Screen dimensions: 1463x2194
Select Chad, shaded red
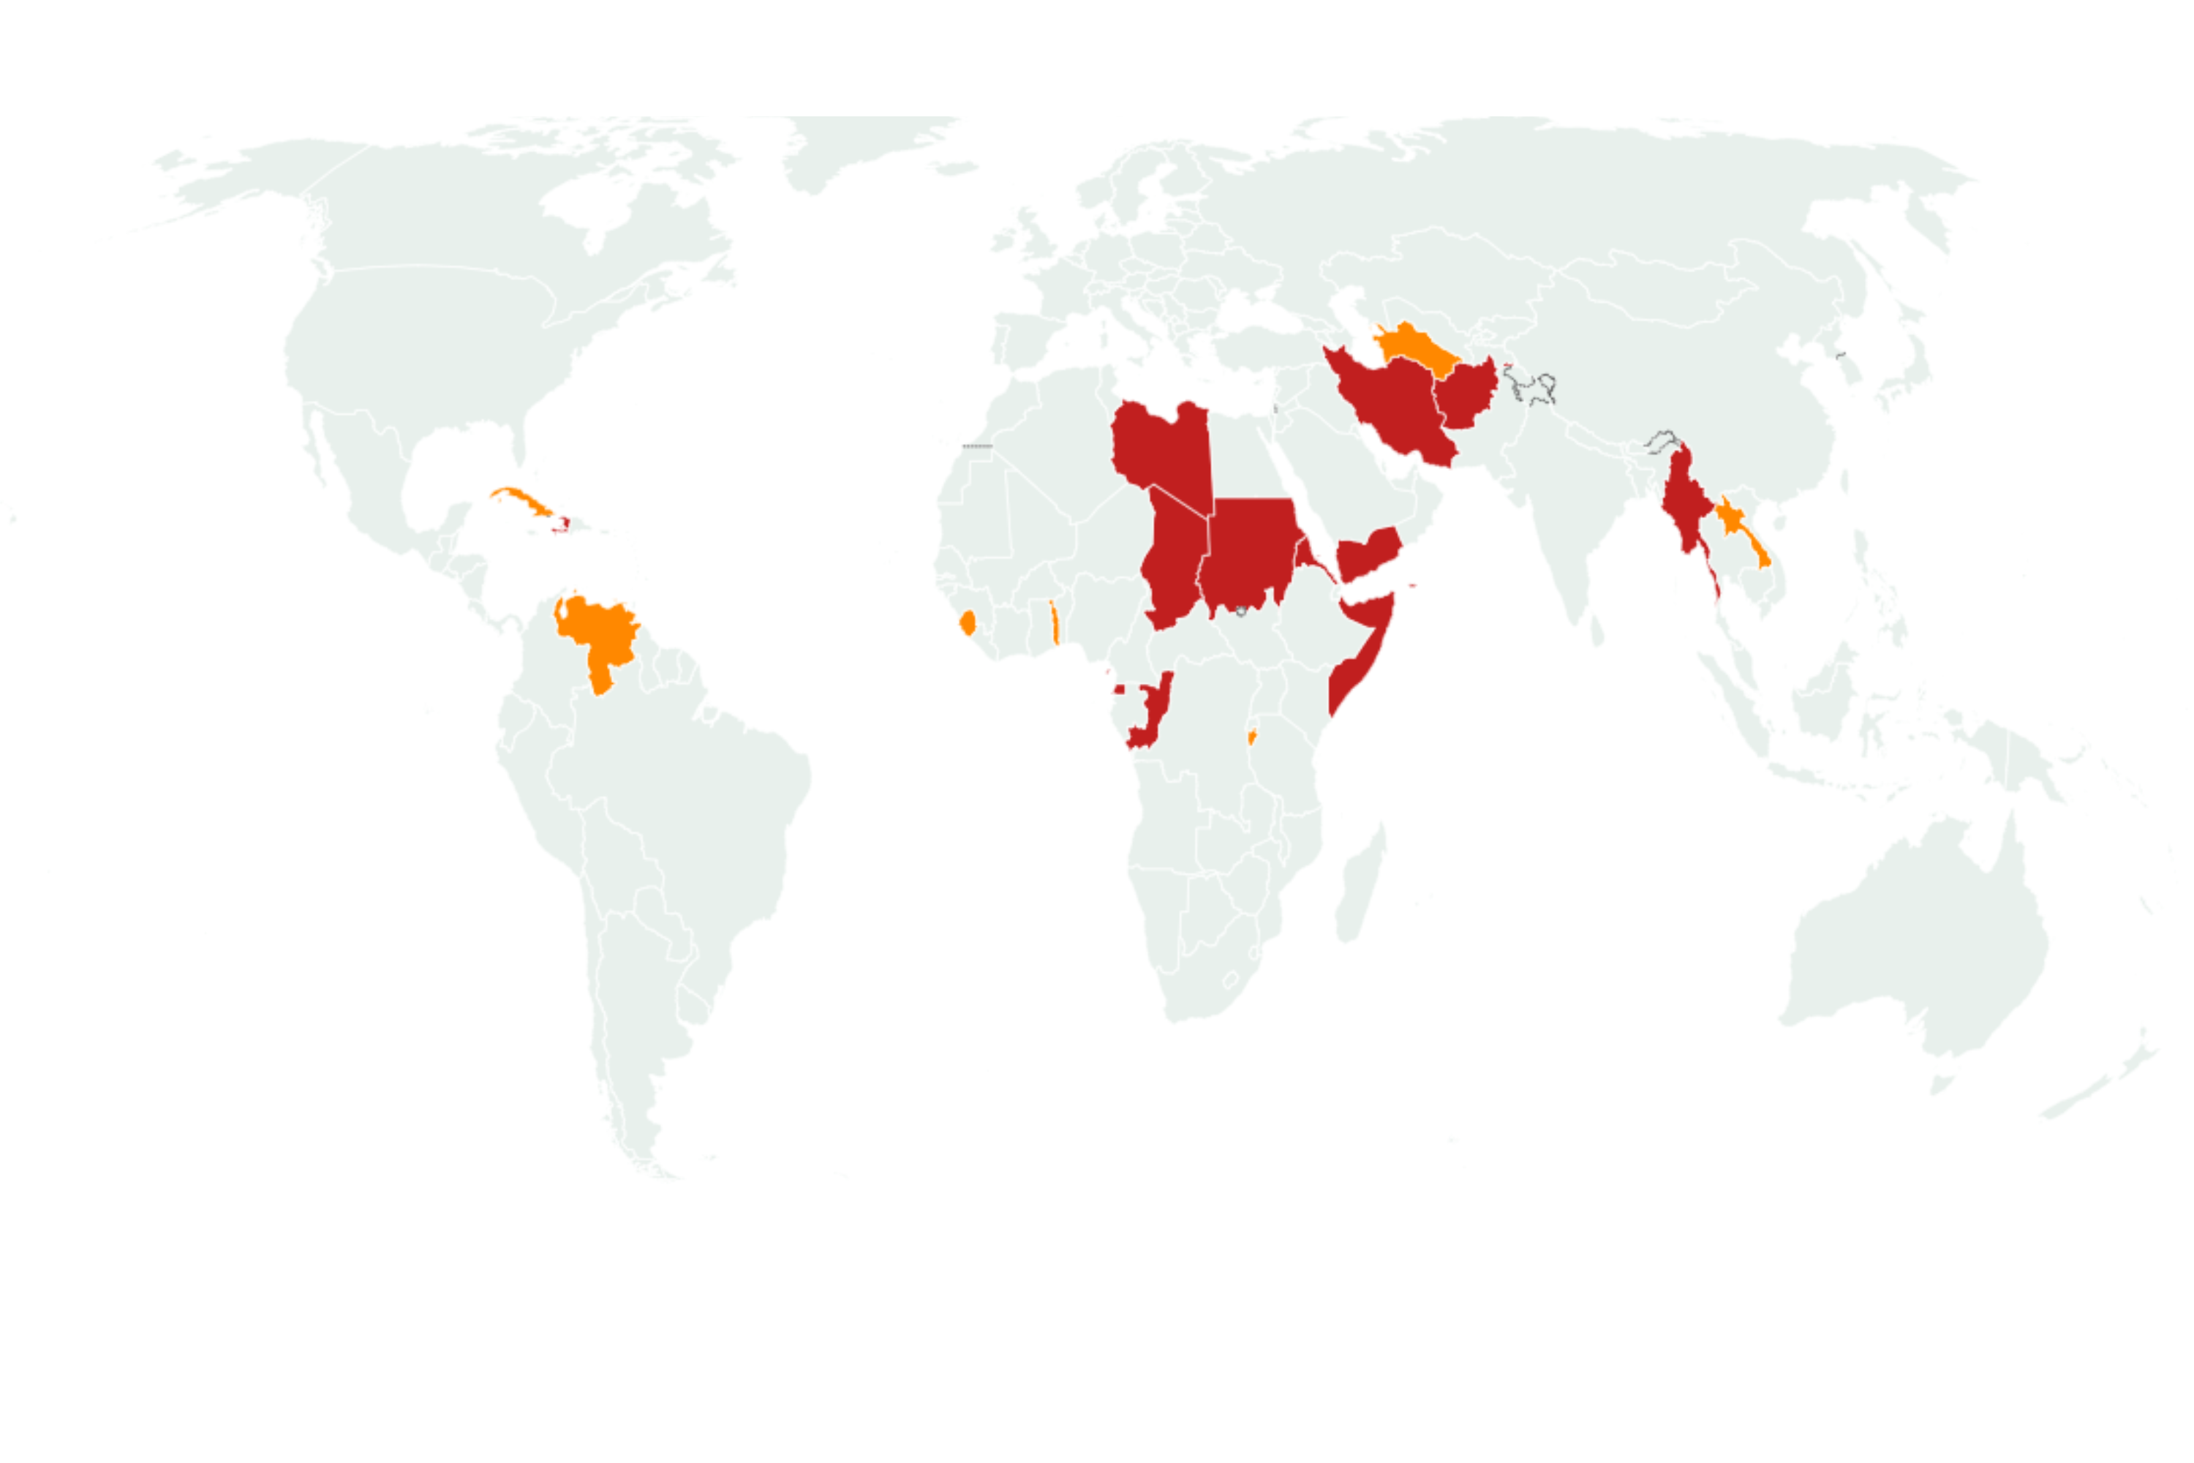(x=1171, y=560)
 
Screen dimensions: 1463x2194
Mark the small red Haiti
(x=562, y=525)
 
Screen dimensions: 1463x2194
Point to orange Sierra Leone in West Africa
(x=968, y=623)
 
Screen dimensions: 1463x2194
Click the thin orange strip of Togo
(x=1054, y=623)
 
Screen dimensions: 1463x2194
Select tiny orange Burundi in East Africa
(x=1252, y=738)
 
